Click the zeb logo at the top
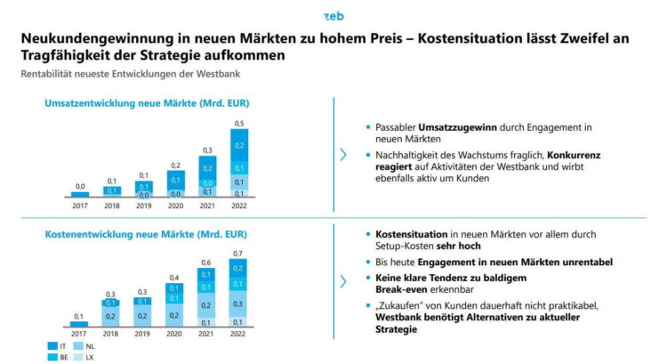(333, 15)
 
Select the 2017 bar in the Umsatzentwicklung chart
(80, 193)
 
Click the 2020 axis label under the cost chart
(175, 335)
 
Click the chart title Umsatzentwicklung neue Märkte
(147, 103)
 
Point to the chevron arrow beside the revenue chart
(343, 155)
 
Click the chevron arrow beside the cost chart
(343, 281)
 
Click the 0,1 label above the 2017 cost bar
(80, 316)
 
